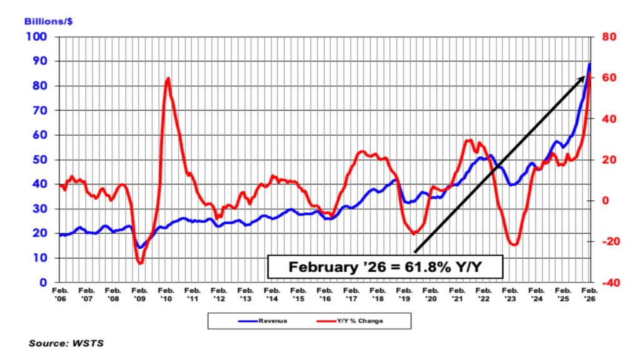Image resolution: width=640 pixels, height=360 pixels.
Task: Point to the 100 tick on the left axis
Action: [x=38, y=37]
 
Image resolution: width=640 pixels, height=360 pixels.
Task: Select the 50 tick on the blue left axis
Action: [x=41, y=160]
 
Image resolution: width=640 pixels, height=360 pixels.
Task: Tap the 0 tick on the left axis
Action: [x=44, y=282]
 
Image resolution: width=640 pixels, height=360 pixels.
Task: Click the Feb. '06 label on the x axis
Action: [x=60, y=294]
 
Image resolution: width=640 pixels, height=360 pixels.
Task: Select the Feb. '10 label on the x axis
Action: [x=166, y=294]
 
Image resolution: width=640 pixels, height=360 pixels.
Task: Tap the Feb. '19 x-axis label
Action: [x=404, y=294]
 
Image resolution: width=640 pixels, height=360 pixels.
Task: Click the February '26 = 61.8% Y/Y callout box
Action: [x=386, y=267]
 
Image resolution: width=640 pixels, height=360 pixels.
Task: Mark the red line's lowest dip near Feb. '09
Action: [x=141, y=263]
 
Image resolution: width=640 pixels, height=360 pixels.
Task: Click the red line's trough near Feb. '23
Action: [x=514, y=244]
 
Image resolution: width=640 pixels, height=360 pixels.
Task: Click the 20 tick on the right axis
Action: [x=607, y=160]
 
